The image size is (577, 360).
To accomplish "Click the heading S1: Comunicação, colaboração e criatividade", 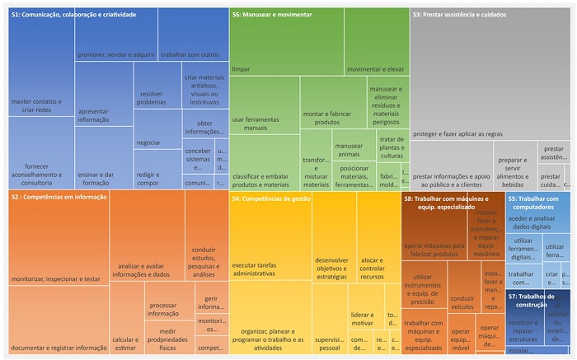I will [73, 15].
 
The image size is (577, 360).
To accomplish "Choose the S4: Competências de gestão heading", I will [273, 199].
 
